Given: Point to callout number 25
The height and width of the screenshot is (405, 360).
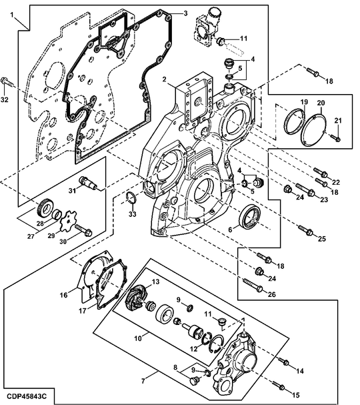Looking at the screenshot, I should click(x=322, y=239).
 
